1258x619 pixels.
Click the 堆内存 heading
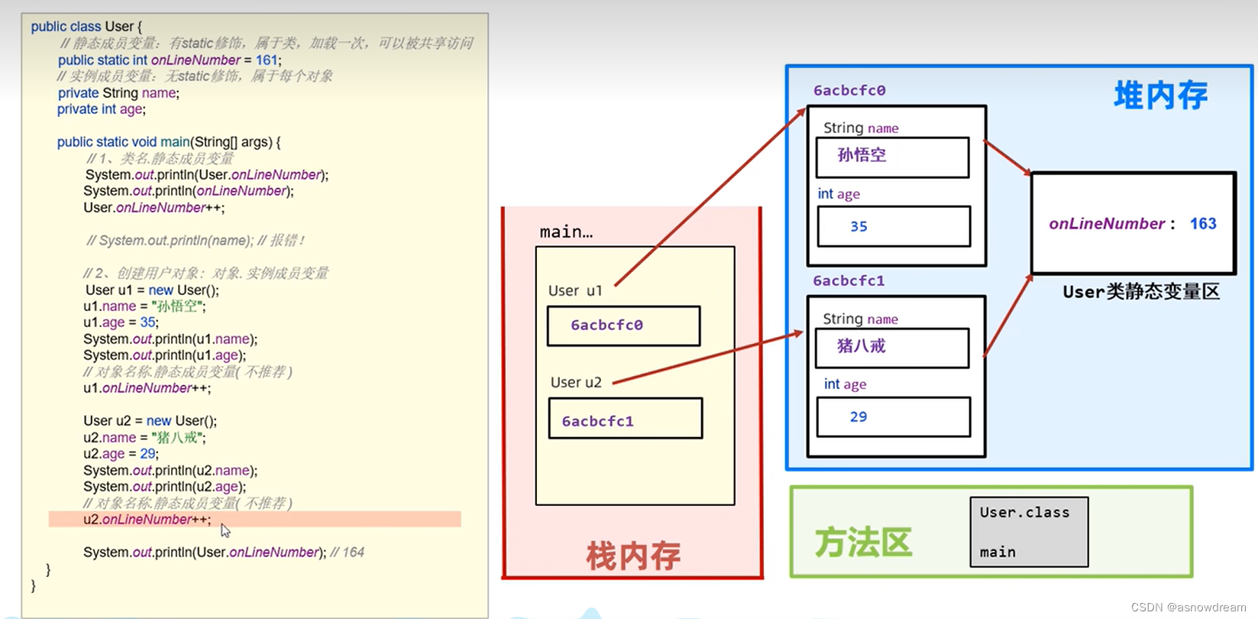click(1160, 96)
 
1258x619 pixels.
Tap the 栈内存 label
click(633, 556)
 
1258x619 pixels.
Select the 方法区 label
click(863, 543)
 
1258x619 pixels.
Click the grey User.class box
click(1029, 532)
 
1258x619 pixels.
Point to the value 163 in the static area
click(1203, 224)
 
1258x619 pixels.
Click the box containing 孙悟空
click(892, 157)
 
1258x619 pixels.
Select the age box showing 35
click(894, 226)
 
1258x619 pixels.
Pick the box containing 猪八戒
click(892, 348)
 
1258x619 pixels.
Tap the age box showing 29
click(894, 417)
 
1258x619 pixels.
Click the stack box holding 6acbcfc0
click(623, 326)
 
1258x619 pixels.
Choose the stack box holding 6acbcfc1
click(625, 419)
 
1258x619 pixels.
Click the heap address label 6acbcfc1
click(849, 280)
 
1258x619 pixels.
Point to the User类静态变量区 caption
click(1141, 292)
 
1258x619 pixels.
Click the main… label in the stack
click(566, 232)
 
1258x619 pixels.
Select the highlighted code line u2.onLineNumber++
click(147, 520)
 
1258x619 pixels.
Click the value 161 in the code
click(266, 60)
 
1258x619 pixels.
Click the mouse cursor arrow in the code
click(225, 530)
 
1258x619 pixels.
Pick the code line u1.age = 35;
click(121, 322)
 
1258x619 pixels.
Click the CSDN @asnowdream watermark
click(1188, 608)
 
